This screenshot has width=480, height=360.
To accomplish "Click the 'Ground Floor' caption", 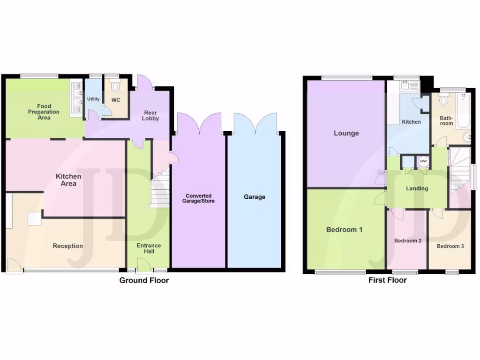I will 144,280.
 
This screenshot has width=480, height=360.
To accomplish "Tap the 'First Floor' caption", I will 387,280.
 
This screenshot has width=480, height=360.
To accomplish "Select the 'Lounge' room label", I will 346,133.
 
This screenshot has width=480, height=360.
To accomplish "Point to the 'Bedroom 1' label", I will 344,230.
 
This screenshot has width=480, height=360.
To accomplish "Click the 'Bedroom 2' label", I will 407,241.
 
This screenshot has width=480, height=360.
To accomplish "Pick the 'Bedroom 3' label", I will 450,246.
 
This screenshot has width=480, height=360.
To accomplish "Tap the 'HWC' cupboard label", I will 424,162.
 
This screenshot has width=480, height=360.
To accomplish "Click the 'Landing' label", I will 417,188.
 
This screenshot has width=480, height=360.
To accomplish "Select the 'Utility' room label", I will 93,99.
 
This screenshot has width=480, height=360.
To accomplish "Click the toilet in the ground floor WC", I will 116,88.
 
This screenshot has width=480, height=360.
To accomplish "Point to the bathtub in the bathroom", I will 463,111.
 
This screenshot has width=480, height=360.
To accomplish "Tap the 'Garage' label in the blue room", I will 254,197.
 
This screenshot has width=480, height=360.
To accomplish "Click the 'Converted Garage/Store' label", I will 198,198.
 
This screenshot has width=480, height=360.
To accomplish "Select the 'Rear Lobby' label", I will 151,115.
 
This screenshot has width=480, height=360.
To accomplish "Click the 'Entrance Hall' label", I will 149,248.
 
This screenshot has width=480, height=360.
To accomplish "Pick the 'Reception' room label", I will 67,246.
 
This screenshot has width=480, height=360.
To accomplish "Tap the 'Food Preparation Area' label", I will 45,112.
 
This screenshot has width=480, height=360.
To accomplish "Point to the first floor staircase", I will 459,171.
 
